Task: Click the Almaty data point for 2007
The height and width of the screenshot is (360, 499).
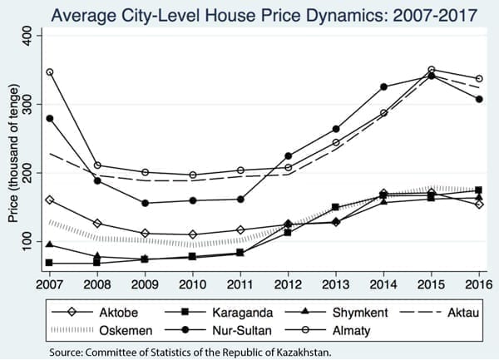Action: coord(50,72)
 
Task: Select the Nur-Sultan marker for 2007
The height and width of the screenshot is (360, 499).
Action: coord(50,118)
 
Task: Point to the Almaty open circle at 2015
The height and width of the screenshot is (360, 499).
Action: coord(431,70)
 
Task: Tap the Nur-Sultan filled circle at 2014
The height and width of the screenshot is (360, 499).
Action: coord(383,86)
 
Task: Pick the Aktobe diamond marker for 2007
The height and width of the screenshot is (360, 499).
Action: coord(50,200)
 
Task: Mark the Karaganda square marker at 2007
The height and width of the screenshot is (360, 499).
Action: coord(50,263)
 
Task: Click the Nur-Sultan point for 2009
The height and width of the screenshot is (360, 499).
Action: coord(146,203)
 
